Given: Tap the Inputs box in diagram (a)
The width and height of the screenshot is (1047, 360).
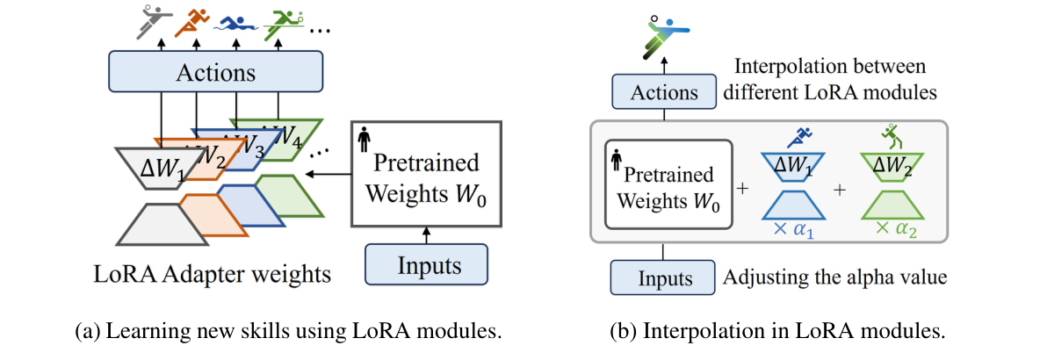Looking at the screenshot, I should point(426,263).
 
